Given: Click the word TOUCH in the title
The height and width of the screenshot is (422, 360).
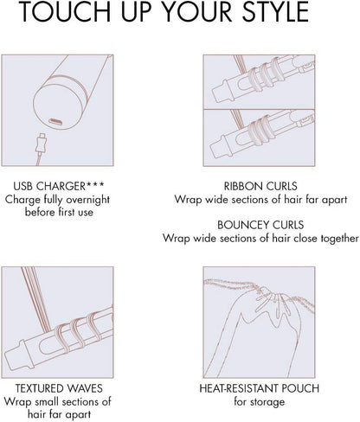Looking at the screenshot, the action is [x=66, y=11].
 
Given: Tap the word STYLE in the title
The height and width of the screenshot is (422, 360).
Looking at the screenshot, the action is [x=275, y=11].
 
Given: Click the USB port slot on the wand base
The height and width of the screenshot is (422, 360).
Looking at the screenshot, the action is [x=55, y=121].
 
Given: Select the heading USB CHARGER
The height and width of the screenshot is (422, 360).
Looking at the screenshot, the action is [x=49, y=186].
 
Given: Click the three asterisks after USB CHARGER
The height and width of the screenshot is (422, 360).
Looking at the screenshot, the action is [x=95, y=184].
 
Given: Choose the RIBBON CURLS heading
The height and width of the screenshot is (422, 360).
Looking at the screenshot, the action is [x=260, y=186].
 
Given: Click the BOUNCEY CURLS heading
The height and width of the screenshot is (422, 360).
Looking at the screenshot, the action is [x=260, y=225].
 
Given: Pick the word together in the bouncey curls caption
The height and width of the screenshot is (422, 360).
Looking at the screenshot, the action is [x=339, y=239].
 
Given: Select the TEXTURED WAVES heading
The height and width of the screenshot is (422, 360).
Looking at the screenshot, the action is [x=59, y=388].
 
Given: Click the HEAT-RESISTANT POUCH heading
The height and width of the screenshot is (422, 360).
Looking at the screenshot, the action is [x=260, y=388].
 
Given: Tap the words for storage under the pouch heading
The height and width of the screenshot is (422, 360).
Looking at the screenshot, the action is [x=260, y=401].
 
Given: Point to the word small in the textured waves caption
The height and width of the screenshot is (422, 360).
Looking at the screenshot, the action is [x=47, y=401].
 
